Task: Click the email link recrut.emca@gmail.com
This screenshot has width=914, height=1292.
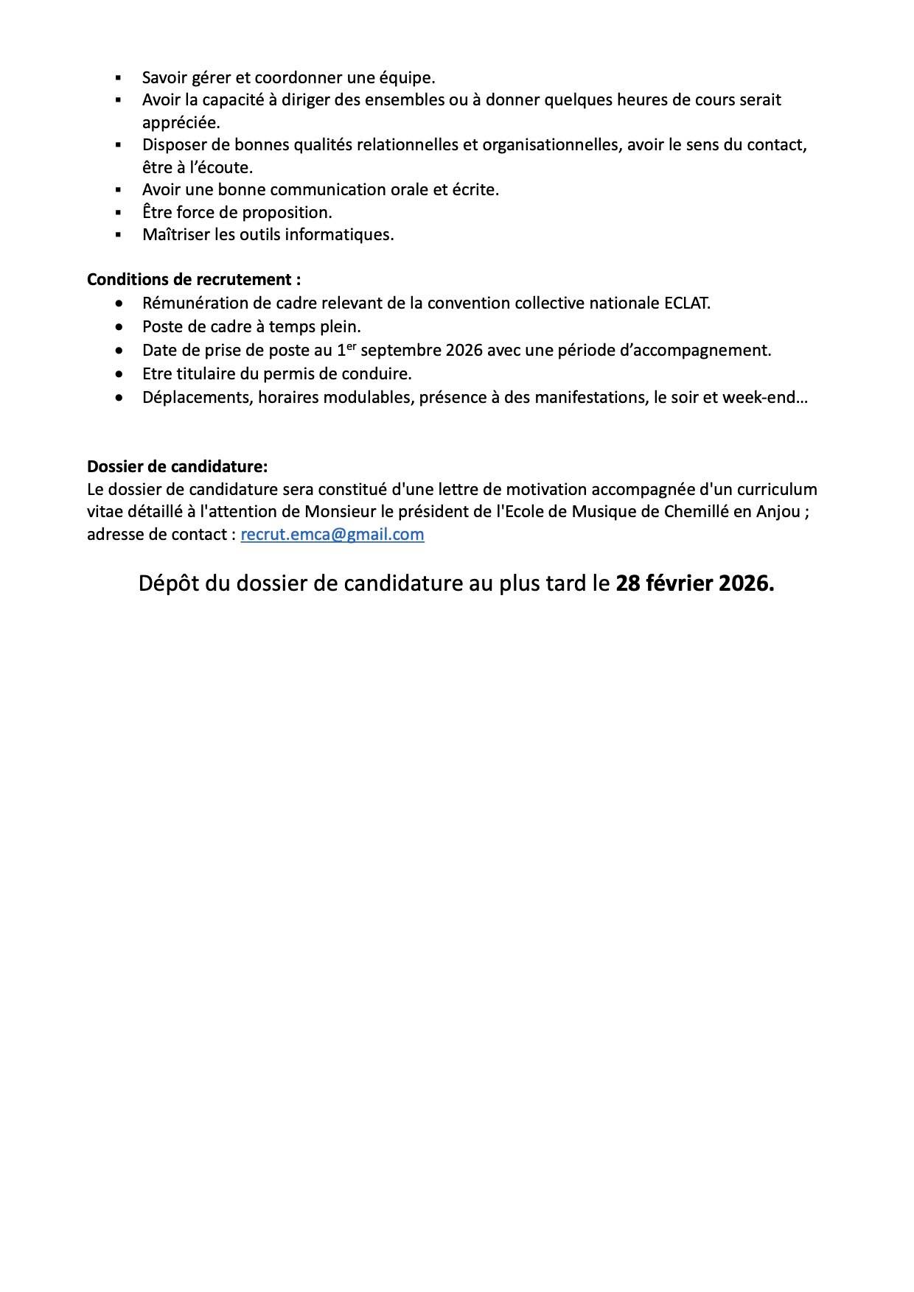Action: [x=332, y=535]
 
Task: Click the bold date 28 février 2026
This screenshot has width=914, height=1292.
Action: [x=695, y=583]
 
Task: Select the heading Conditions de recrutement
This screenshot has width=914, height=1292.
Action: [x=193, y=280]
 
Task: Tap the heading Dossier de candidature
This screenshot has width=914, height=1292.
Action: [x=177, y=466]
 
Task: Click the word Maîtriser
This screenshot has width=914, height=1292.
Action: [x=175, y=234]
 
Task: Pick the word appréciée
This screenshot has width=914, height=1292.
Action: [x=181, y=122]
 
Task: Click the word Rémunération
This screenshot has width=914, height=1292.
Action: [x=192, y=303]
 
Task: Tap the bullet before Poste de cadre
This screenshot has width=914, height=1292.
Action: [x=119, y=326]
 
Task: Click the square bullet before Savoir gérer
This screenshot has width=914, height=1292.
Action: [x=118, y=77]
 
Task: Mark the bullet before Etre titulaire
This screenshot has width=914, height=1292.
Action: [x=119, y=374]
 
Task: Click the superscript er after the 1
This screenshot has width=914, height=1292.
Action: [x=351, y=345]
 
